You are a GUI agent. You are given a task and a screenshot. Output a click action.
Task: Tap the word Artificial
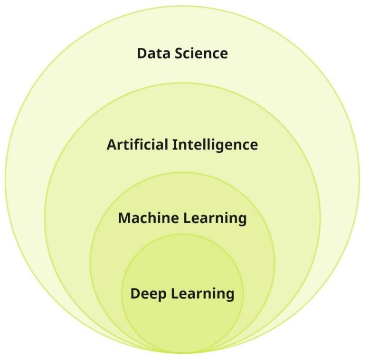point(137,144)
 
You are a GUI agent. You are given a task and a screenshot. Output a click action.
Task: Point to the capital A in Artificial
point(112,144)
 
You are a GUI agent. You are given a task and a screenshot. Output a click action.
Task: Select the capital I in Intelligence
point(174,144)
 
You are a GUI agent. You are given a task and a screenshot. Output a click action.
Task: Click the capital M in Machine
point(125,218)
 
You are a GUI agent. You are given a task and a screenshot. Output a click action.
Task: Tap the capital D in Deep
point(135,294)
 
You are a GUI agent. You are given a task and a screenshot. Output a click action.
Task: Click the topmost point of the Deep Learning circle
point(182,234)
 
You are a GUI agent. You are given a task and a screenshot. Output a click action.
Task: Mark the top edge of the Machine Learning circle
point(182,172)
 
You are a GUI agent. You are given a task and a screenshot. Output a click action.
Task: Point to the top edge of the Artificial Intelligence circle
point(182,83)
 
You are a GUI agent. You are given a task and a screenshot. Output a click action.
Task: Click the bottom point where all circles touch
point(182,353)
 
